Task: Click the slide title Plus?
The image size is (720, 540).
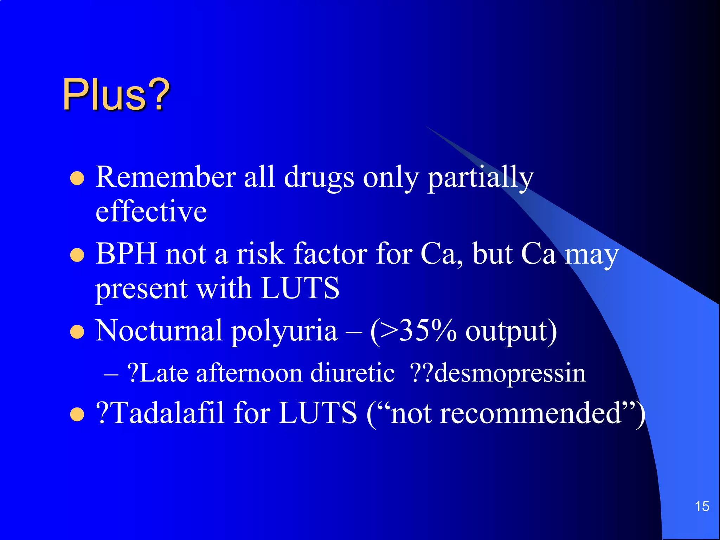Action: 116,94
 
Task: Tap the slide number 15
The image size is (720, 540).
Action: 702,506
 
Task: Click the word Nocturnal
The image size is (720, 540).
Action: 159,330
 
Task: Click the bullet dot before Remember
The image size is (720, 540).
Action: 77,178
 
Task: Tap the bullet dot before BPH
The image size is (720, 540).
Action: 77,255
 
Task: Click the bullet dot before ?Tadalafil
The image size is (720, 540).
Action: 77,414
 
